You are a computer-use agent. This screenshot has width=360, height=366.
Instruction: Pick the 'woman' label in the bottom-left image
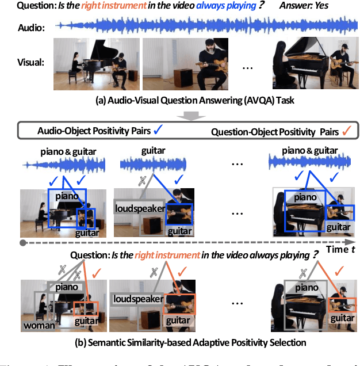tap(40, 326)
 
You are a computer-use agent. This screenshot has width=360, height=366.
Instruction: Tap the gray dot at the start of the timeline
tap(23, 243)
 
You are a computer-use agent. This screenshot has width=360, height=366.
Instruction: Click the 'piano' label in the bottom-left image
tap(67, 287)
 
